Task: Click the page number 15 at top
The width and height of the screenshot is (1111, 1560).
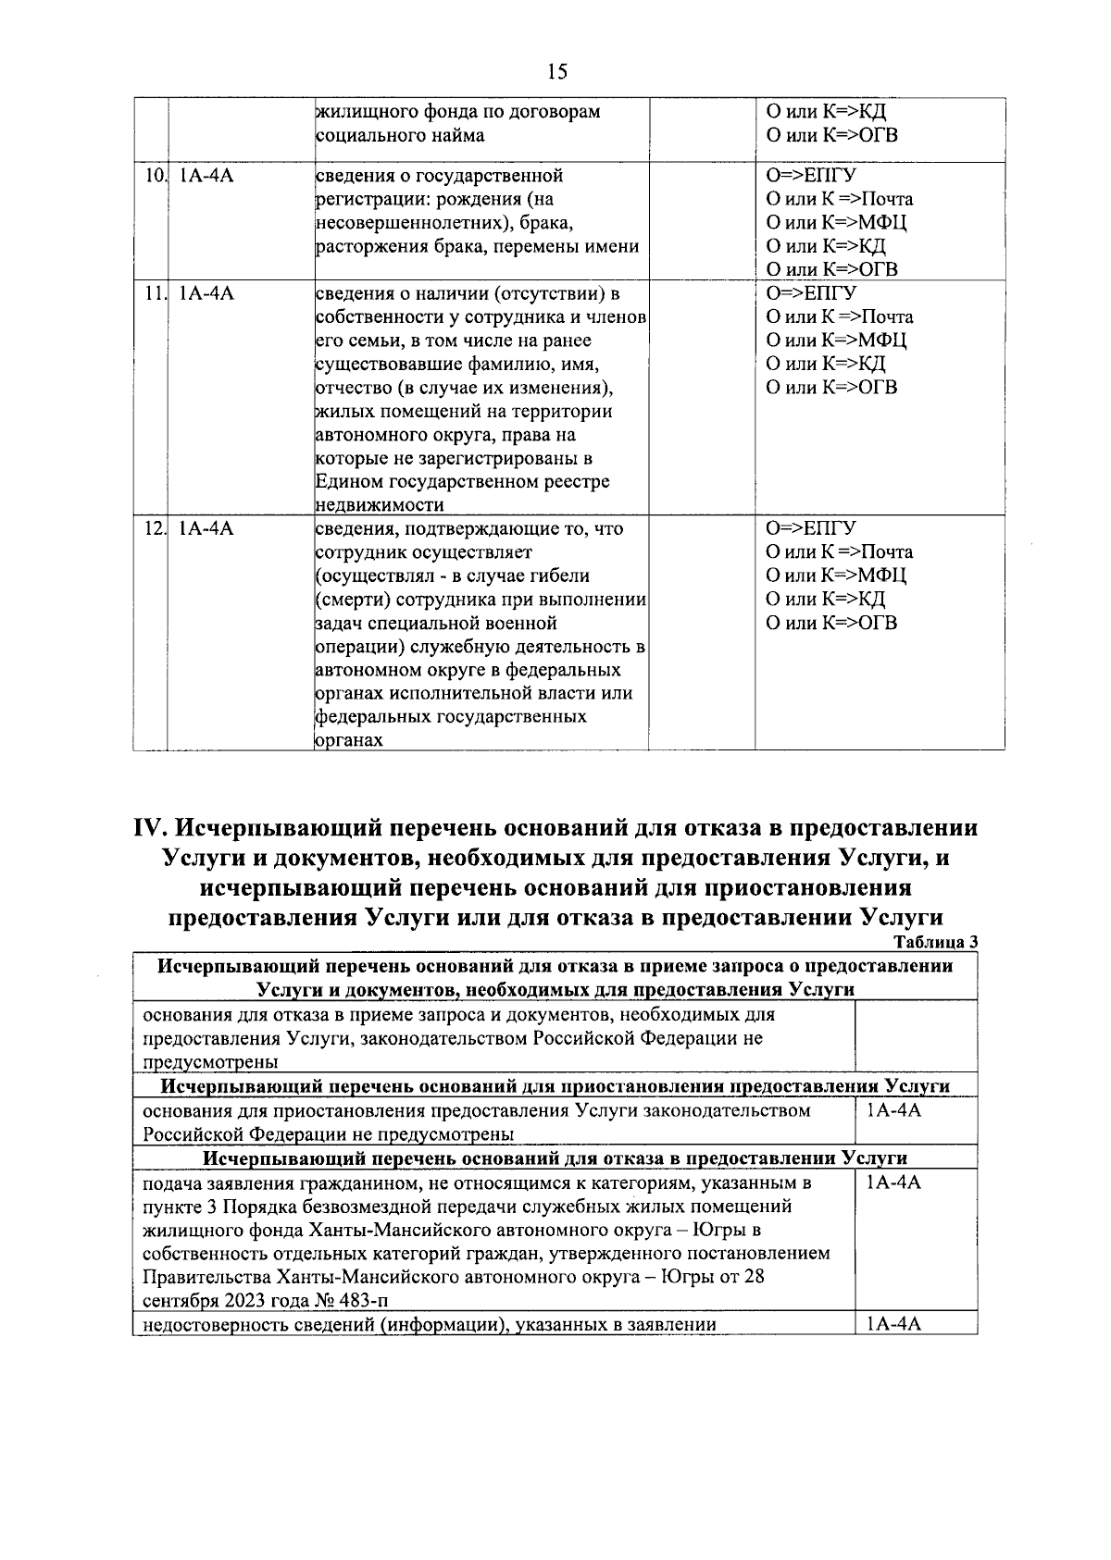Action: pos(556,71)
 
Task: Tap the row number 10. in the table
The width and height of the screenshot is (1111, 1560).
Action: pos(156,176)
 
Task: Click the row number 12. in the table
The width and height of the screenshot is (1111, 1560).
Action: pos(156,529)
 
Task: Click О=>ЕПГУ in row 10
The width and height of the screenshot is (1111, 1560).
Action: pos(810,176)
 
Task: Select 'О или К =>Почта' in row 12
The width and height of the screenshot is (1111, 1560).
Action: pos(839,552)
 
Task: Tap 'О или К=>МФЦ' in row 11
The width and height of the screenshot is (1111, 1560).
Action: pos(836,340)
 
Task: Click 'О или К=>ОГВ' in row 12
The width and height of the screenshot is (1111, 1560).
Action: pos(831,623)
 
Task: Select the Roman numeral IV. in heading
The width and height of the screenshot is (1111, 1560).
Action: pos(150,827)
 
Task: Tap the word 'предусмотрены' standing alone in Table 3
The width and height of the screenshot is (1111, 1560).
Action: pos(211,1062)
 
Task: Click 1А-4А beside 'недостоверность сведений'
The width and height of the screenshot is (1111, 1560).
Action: pos(893,1324)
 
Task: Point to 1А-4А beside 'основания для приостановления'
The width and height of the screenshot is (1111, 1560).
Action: pos(893,1110)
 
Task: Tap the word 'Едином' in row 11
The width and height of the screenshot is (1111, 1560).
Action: pos(346,482)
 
